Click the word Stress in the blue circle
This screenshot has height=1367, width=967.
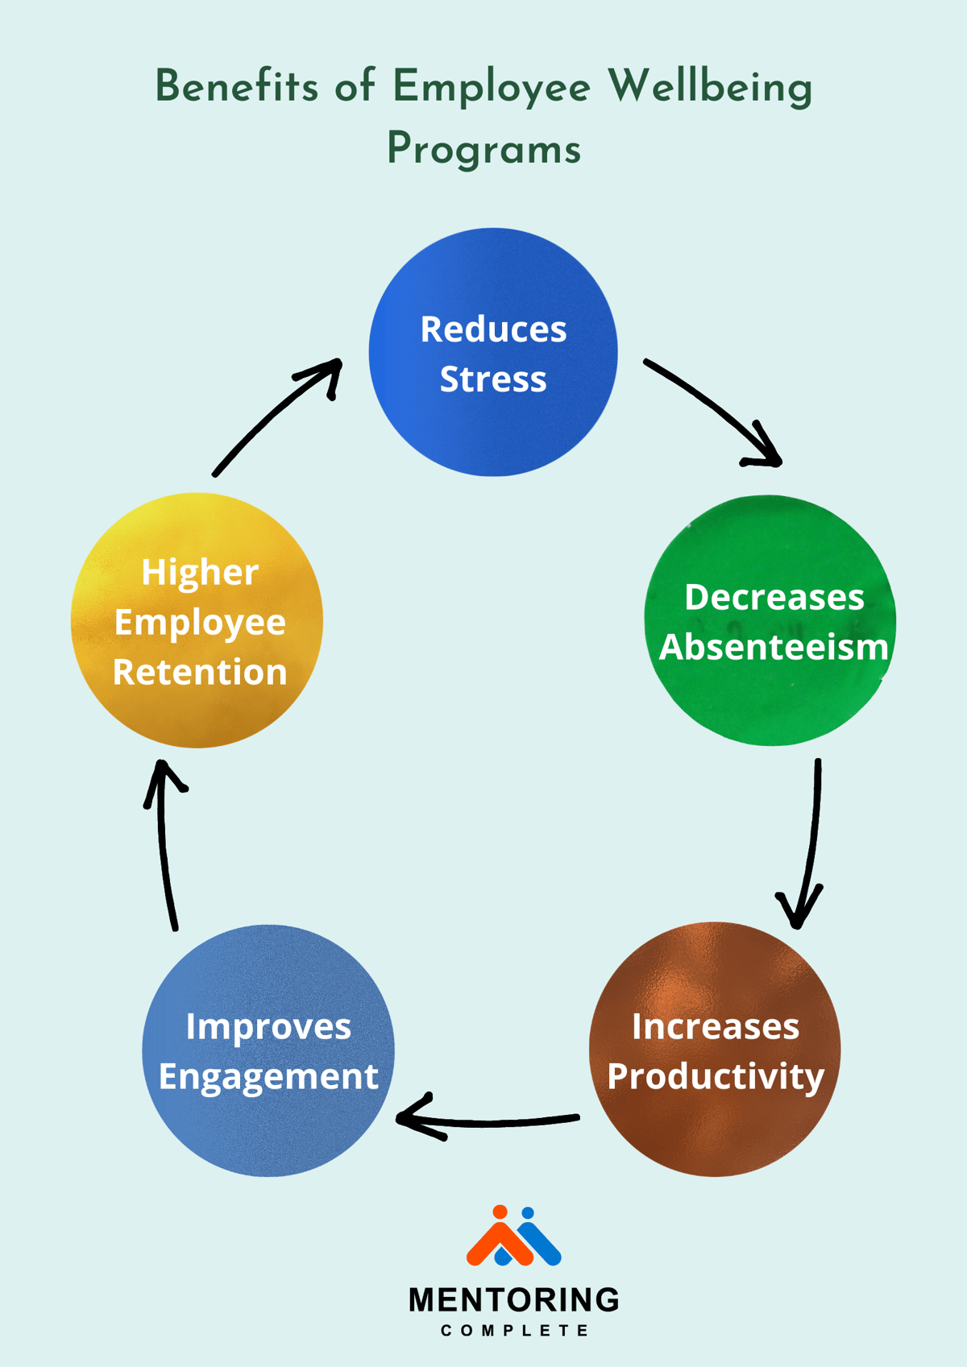point(492,379)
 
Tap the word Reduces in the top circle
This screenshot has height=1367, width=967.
point(493,329)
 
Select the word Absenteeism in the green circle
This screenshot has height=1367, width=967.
point(774,648)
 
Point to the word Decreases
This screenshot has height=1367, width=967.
point(774,598)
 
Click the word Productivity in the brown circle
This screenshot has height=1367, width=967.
point(716,1077)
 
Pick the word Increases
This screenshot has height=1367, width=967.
point(716,1027)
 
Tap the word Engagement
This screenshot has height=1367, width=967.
point(268,1077)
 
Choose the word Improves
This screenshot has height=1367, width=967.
point(268,1027)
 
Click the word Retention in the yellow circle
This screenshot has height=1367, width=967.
point(200,673)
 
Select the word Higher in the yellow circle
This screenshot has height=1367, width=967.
point(200,573)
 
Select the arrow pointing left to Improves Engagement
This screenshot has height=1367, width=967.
point(488,1121)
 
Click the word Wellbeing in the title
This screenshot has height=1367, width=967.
point(709,87)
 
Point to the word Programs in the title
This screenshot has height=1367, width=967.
point(483,150)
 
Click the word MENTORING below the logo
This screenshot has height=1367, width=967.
point(514,1300)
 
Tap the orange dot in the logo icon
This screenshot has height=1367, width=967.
point(500,1212)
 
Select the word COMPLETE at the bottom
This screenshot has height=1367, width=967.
point(514,1331)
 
